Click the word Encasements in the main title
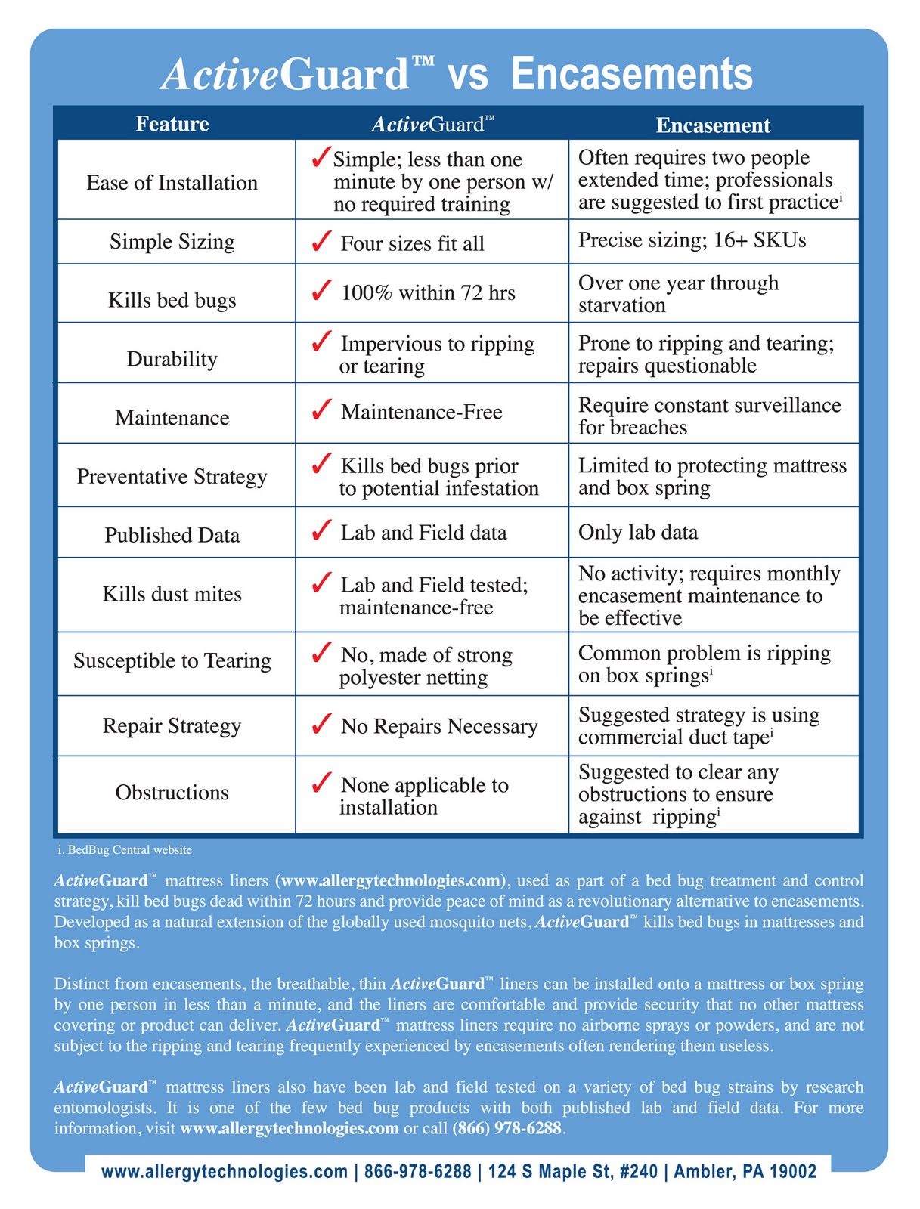point(631,74)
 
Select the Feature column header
point(172,124)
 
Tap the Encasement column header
point(713,125)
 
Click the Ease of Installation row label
point(172,183)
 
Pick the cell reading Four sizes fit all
point(412,244)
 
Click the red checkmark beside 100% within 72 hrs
point(320,289)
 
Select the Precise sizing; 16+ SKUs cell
point(692,240)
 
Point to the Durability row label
point(172,359)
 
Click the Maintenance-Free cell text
point(421,412)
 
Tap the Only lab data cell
point(638,533)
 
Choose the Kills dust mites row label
point(172,594)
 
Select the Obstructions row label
point(172,793)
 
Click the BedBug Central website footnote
point(125,850)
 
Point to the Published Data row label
point(172,536)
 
